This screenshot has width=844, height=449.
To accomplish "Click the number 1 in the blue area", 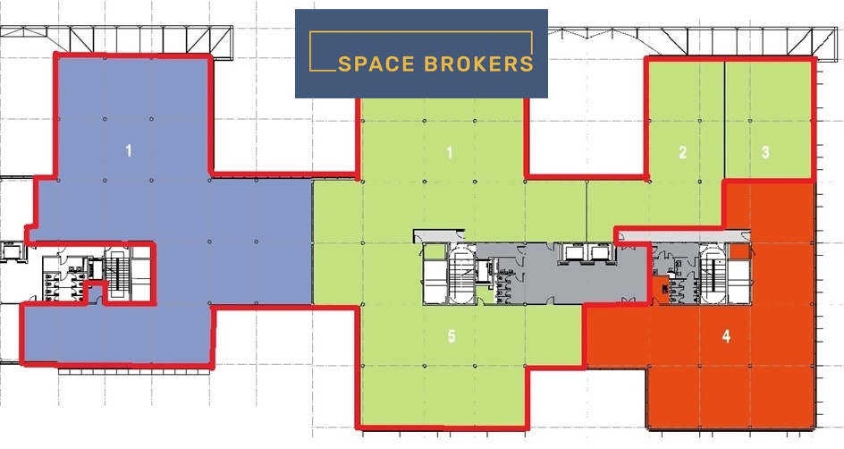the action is (x=128, y=151).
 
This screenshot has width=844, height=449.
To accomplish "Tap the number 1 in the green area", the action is (x=450, y=153).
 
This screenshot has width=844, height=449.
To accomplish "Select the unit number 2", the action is (x=682, y=152).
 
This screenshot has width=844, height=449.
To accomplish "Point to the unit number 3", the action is (x=765, y=152).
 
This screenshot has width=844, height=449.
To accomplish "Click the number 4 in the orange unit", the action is (x=726, y=336).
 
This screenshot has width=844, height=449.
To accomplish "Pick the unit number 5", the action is (x=452, y=336).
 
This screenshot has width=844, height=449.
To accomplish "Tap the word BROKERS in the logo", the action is (x=478, y=64).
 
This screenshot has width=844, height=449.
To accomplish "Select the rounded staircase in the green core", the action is (x=462, y=274).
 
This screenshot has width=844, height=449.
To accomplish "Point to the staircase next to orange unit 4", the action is (x=713, y=274).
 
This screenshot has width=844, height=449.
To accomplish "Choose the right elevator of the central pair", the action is (x=600, y=251).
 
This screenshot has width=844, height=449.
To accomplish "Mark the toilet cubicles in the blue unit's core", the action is (x=63, y=284).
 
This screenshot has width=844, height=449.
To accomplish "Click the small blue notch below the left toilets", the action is (x=96, y=292).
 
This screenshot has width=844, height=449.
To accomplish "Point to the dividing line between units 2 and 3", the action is (x=724, y=120).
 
